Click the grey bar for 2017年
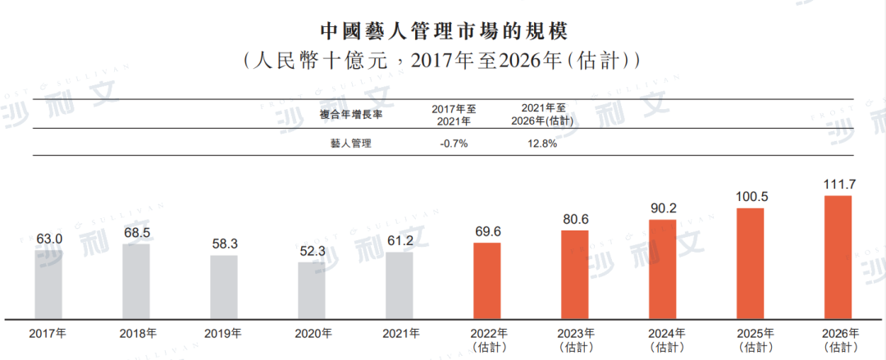pos(48,282)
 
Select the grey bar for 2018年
pos(136,280)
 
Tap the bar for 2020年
pos(312,289)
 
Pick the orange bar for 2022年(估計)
pos(487,280)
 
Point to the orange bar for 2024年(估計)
pos(663,269)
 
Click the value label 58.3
pos(224,244)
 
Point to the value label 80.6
pos(575,220)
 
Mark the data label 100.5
pos(751,197)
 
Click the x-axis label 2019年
pos(224,334)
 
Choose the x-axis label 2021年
pos(400,334)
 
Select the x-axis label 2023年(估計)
pos(575,339)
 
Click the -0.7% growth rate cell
pos(453,144)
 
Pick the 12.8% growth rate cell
pos(542,144)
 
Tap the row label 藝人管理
pos(350,144)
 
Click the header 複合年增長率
pos(350,114)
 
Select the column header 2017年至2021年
pos(453,114)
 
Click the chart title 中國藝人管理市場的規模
pos(443,30)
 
